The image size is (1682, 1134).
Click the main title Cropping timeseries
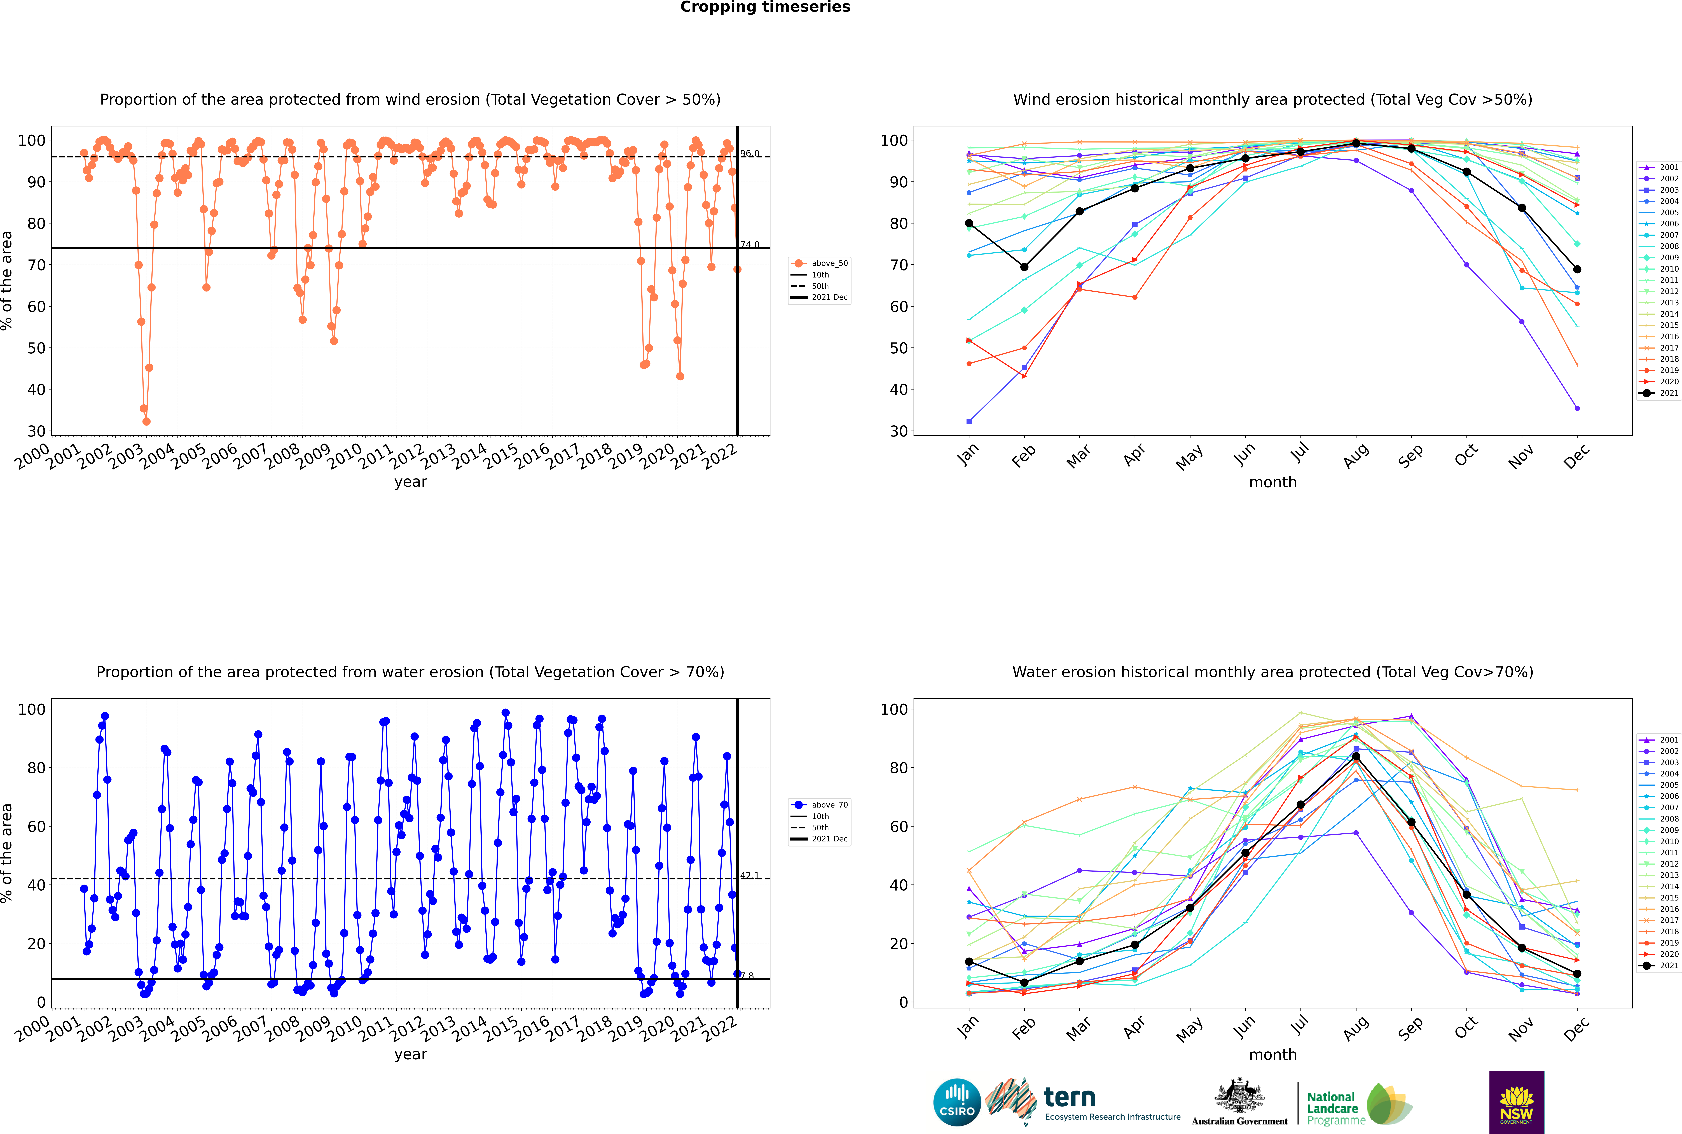tap(765, 7)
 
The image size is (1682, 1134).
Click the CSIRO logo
tap(957, 1103)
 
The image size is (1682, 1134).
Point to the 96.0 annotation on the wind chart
tap(750, 153)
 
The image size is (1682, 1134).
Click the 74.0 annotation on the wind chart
tap(750, 244)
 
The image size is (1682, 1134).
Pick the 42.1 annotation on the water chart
tap(750, 875)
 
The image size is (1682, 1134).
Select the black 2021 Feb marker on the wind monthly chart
tap(1024, 267)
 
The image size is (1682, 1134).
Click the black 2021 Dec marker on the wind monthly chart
tap(1577, 269)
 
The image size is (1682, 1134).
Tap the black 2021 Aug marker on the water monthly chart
tap(1356, 757)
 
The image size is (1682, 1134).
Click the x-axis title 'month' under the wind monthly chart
tap(1273, 482)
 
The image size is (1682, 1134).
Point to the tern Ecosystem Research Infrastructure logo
tap(1082, 1102)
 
